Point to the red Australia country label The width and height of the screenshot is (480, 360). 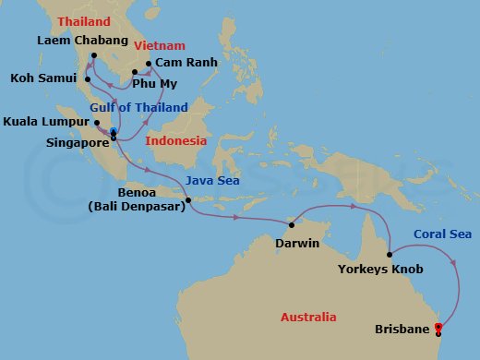[x=308, y=317]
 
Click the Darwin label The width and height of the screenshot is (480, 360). [x=296, y=245]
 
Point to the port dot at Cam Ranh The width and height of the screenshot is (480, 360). [x=148, y=64]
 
